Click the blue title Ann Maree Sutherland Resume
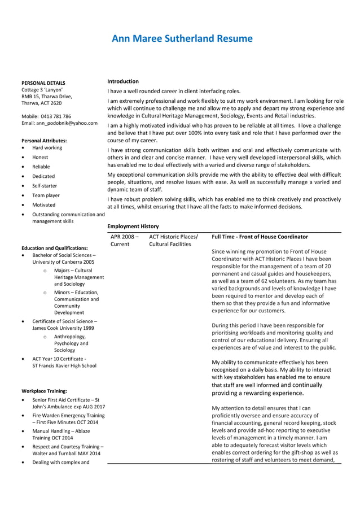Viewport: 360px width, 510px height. coord(182,39)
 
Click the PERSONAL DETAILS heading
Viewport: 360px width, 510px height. coord(43,82)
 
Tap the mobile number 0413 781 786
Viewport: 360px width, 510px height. coord(55,116)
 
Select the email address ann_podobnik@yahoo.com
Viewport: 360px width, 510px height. coord(67,123)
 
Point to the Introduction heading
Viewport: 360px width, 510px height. coord(123,81)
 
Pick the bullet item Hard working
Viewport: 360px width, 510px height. coord(47,148)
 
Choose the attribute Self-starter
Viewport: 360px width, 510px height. coord(45,186)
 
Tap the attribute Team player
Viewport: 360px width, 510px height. coord(46,195)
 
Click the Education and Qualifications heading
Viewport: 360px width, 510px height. coord(54,248)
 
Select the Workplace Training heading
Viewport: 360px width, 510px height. coord(44,390)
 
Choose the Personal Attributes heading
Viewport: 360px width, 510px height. coord(44,140)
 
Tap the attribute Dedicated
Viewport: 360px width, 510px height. coord(43,176)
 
